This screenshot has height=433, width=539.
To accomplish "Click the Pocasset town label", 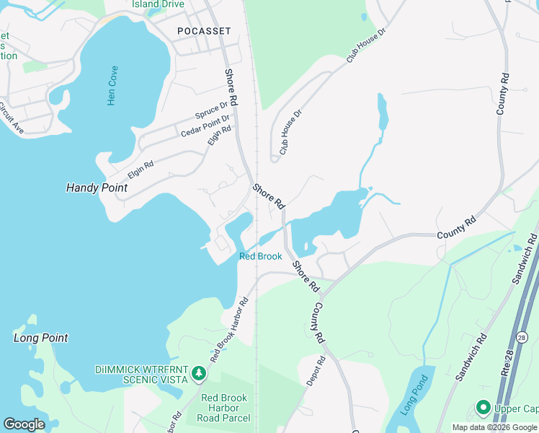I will pyautogui.click(x=204, y=31).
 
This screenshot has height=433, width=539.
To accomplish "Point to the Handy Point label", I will pyautogui.click(x=97, y=188).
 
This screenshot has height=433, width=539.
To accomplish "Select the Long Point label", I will pyautogui.click(x=41, y=338).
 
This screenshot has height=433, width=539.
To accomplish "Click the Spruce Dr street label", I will pyautogui.click(x=211, y=111).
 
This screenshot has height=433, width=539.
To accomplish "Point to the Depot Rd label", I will pyautogui.click(x=316, y=370).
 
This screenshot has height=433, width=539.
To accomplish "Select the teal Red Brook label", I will pyautogui.click(x=260, y=256).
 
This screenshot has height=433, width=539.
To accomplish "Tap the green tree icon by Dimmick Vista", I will pyautogui.click(x=199, y=375).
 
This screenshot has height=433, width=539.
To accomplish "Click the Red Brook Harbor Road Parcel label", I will pyautogui.click(x=226, y=408).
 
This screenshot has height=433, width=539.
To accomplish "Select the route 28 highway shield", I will pyautogui.click(x=523, y=337).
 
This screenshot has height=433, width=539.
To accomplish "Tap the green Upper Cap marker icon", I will pyautogui.click(x=483, y=408).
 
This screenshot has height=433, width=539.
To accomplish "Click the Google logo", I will pyautogui.click(x=24, y=424).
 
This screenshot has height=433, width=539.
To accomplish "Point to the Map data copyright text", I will pyautogui.click(x=494, y=427).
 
